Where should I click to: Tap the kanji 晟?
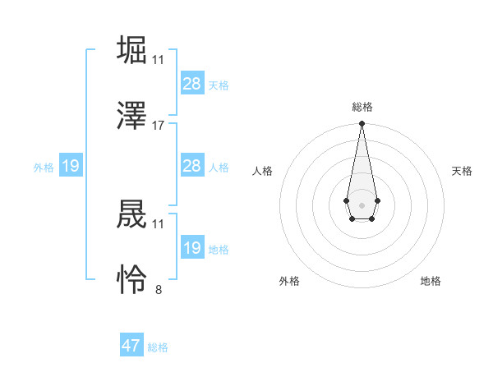[132, 214]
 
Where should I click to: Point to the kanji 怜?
[132, 279]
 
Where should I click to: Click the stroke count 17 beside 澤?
[159, 126]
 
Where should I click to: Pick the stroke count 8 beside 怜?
[159, 290]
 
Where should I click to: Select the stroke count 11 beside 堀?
[159, 60]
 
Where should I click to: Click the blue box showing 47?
[131, 346]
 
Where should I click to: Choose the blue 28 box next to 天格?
[192, 84]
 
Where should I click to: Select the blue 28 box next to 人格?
[192, 166]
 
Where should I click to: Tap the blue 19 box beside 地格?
[192, 248]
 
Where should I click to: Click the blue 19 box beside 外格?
[71, 166]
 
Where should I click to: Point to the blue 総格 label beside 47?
[158, 347]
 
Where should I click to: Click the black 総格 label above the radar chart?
[362, 107]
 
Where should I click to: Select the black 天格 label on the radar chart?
[463, 171]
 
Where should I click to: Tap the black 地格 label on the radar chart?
[431, 281]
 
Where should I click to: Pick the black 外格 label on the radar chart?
[289, 281]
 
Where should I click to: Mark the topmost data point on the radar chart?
[362, 123]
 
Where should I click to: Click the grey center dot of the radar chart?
[362, 204]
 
